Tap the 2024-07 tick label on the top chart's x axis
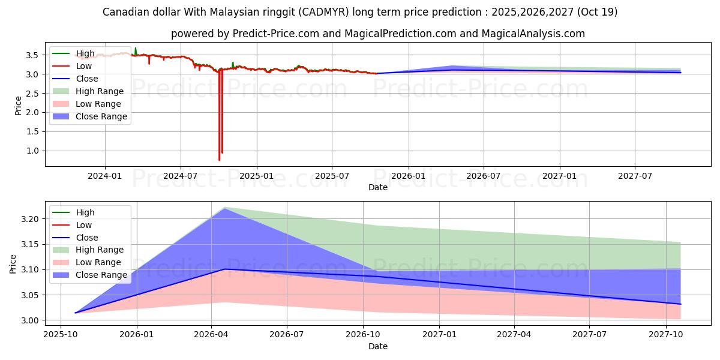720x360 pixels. click(181, 176)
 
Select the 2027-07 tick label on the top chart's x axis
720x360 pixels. click(635, 176)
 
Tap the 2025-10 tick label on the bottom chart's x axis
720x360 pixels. click(61, 335)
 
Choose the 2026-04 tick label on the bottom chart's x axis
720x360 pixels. click(212, 335)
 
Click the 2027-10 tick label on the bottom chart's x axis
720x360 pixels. click(666, 335)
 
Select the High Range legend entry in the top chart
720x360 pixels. click(99, 91)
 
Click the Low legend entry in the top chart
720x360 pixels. click(83, 66)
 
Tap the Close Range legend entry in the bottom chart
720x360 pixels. click(101, 275)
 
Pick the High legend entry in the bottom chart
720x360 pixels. click(85, 212)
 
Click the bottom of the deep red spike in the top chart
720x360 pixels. click(219, 160)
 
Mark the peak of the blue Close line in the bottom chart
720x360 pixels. click(224, 269)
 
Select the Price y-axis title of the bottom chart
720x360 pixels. click(13, 264)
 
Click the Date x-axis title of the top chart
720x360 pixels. click(378, 187)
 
